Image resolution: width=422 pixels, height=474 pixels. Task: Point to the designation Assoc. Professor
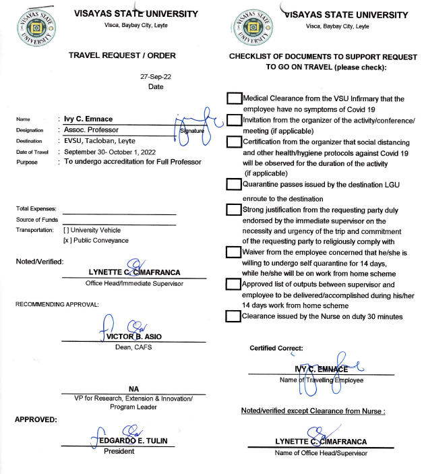pos(91,129)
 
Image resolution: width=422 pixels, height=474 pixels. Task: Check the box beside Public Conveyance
pos(67,240)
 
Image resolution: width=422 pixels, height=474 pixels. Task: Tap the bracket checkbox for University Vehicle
pos(67,230)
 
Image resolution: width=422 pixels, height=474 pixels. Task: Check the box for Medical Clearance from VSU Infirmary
pos(234,98)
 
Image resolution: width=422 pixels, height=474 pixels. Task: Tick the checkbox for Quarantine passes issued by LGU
pos(234,184)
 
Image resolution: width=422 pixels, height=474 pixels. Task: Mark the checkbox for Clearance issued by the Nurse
pos(234,316)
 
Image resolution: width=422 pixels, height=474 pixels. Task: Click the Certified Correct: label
pos(276,348)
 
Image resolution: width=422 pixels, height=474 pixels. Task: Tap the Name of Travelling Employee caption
pos(321,380)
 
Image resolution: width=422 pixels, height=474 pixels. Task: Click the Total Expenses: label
pos(36,209)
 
